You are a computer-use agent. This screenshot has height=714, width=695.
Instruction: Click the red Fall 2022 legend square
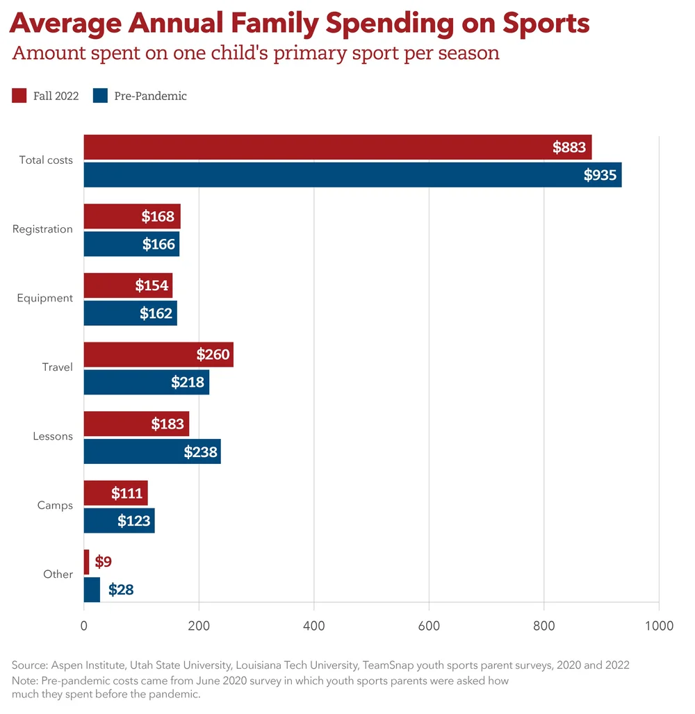click(19, 96)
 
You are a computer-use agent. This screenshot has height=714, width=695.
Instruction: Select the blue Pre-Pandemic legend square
click(101, 96)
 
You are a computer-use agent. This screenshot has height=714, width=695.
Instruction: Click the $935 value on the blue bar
click(600, 175)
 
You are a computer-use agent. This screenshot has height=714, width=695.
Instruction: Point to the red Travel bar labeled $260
click(158, 354)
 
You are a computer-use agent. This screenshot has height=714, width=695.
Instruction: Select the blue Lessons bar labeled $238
click(152, 451)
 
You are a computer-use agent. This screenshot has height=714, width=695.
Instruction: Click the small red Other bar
click(87, 562)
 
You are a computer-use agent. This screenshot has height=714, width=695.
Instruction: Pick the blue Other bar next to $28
click(92, 590)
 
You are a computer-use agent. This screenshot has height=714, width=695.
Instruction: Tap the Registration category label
click(42, 229)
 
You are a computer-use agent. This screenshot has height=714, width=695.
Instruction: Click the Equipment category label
click(45, 298)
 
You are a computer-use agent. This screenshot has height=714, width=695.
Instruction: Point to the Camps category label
click(55, 506)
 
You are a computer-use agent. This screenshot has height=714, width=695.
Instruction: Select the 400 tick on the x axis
click(314, 626)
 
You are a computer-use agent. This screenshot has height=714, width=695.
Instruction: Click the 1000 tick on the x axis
click(658, 626)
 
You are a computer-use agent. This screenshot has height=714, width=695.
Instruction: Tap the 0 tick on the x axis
click(84, 626)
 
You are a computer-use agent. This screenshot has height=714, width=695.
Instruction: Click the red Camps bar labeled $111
click(115, 493)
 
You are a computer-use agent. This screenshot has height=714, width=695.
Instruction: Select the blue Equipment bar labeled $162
click(130, 313)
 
